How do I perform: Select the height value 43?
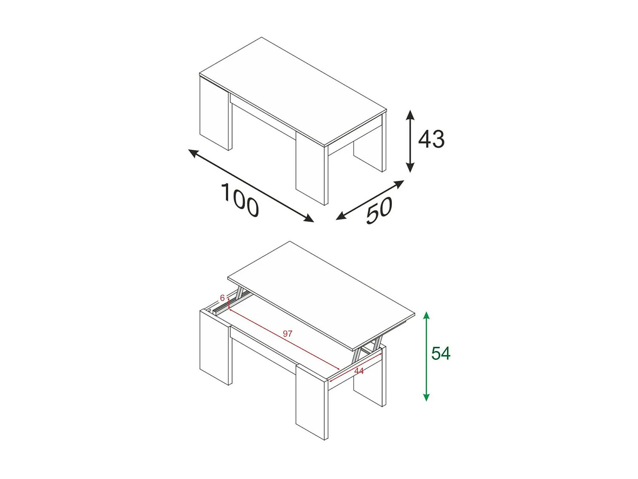pos(431,139)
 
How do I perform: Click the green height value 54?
pos(441,353)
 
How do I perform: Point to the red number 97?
pos(288,333)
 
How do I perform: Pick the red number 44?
pos(359,371)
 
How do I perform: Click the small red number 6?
pos(222,298)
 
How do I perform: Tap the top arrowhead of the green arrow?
pos(426,316)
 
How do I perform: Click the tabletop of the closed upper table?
pos(293,89)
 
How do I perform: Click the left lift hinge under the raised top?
pos(241,294)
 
